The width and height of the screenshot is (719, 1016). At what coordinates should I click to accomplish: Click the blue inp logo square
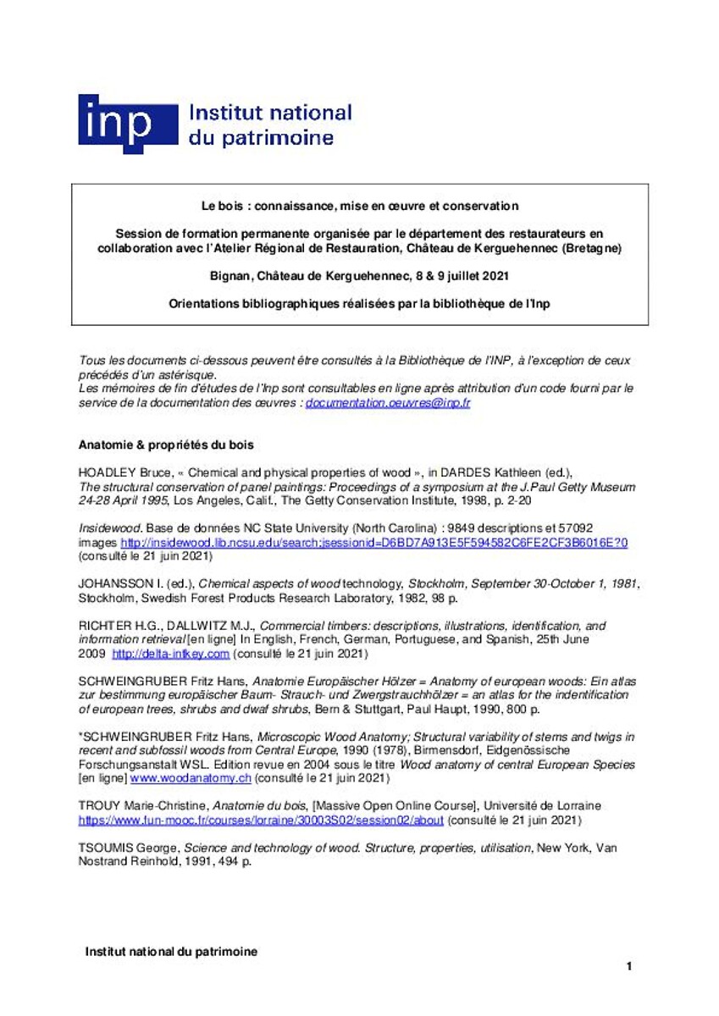(127, 123)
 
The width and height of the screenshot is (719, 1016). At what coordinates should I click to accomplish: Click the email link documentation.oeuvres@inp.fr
(388, 403)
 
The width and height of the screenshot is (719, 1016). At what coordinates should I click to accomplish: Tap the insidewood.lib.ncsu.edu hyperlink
(373, 542)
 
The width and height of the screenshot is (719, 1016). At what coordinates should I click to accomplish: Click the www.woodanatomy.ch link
(202, 778)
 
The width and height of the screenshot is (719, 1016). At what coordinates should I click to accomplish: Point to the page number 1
(629, 966)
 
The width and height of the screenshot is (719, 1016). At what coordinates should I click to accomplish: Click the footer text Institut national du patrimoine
(171, 952)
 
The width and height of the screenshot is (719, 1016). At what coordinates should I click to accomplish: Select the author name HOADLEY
(108, 474)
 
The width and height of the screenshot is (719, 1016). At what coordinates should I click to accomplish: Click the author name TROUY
(100, 807)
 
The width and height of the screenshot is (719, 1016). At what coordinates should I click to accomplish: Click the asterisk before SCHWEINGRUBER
(80, 737)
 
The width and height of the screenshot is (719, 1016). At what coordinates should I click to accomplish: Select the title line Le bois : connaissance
(359, 206)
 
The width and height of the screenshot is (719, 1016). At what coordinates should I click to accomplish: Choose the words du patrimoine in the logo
(261, 138)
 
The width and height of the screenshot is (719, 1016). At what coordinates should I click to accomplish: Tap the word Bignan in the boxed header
(228, 276)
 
